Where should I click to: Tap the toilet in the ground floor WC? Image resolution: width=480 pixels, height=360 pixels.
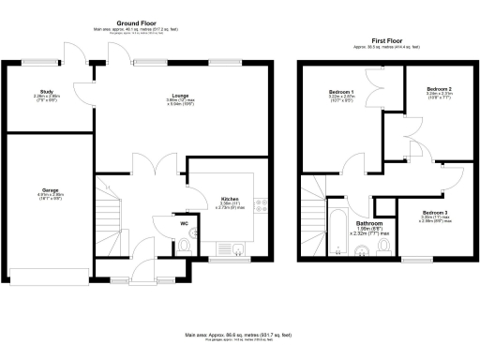tap(185, 246)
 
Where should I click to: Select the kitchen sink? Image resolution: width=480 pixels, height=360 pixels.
tap(238, 248)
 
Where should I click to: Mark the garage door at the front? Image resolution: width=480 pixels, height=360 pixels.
tap(48, 275)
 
